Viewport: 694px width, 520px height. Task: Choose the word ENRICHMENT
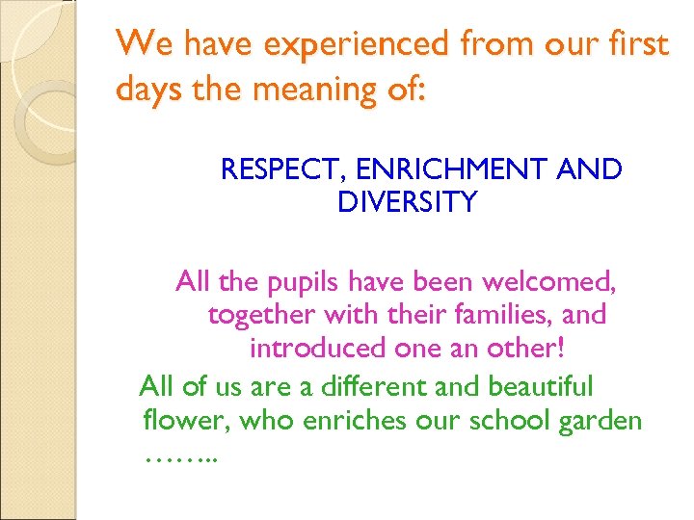tap(448, 170)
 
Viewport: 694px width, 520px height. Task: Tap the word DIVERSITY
tap(408, 202)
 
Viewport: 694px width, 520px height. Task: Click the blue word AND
tap(591, 170)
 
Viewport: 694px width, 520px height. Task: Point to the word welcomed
tap(554, 283)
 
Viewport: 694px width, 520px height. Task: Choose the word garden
tap(599, 420)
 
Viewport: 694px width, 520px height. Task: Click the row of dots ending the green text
tap(180, 455)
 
